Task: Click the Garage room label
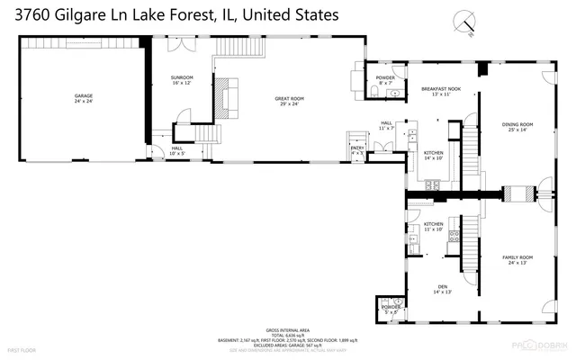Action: [x=84, y=98]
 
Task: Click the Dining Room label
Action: [x=517, y=126]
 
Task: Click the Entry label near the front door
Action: [x=357, y=151]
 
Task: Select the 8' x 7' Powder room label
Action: [x=385, y=80]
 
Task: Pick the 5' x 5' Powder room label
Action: [x=391, y=310]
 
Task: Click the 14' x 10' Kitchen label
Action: [x=434, y=155]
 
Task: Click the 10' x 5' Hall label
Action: [x=177, y=150]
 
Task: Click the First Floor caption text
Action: [x=22, y=348]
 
